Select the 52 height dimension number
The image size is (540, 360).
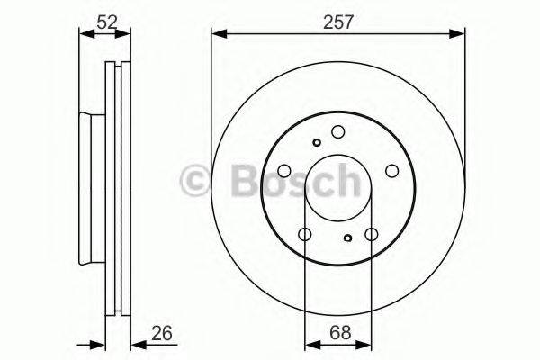(x=106, y=19)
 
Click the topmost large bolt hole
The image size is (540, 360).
(x=337, y=131)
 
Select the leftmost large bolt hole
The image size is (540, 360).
(x=283, y=171)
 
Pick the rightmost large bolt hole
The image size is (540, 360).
(x=392, y=171)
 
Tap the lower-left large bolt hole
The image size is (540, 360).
(x=304, y=235)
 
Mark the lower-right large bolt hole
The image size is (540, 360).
(x=371, y=235)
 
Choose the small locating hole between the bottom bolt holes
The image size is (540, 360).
(x=348, y=238)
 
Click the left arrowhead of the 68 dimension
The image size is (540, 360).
(x=310, y=344)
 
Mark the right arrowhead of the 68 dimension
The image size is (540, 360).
(x=364, y=344)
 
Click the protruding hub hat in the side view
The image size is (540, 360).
(x=90, y=189)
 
